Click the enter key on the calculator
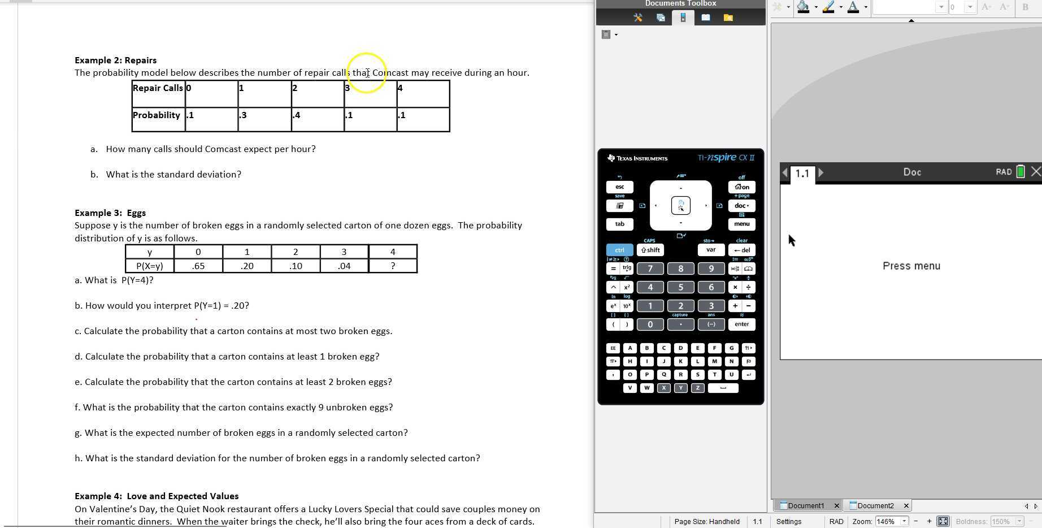[741, 324]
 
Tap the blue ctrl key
[619, 250]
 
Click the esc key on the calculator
[619, 187]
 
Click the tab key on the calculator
[619, 224]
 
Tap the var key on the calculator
[711, 250]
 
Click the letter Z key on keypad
[697, 388]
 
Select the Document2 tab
[875, 506]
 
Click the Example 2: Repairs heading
[115, 60]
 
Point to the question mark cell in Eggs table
[393, 266]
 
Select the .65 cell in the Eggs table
[198, 266]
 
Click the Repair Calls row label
[158, 88]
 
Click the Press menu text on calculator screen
[911, 266]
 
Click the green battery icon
[1021, 172]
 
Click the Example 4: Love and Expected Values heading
[157, 496]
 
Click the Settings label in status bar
[788, 522]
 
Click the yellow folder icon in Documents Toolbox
[728, 18]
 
